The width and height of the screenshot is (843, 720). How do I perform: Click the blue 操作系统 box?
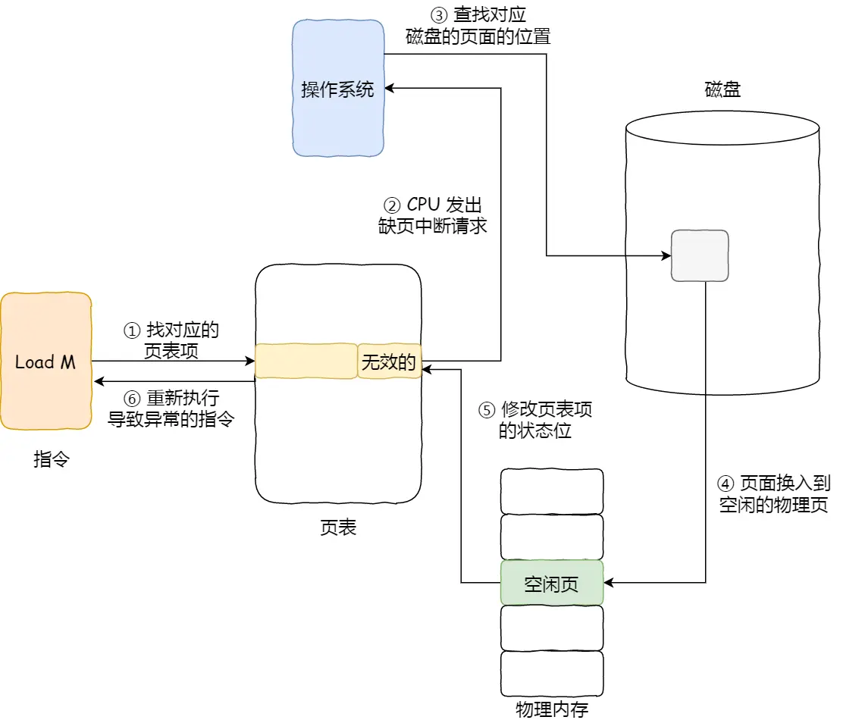[x=338, y=89]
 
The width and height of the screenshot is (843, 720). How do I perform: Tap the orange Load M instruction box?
[x=45, y=362]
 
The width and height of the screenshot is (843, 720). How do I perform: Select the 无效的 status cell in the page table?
[x=389, y=362]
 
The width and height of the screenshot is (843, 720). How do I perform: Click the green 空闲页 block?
[x=552, y=583]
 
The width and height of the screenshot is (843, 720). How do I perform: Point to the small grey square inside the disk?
[x=700, y=256]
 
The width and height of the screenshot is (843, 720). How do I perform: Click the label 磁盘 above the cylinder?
[x=722, y=90]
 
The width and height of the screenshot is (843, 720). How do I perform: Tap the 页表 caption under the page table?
[x=338, y=527]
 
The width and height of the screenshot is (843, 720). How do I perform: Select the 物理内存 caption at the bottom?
[x=552, y=709]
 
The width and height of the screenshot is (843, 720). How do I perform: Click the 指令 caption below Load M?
[x=52, y=459]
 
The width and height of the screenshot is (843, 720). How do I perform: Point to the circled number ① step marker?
[x=132, y=330]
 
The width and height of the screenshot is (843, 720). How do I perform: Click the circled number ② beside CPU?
[x=392, y=205]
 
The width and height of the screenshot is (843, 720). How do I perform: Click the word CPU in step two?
[x=424, y=205]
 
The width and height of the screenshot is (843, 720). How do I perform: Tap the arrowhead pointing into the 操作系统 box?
[x=390, y=89]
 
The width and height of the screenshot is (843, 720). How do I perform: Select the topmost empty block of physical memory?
[x=552, y=491]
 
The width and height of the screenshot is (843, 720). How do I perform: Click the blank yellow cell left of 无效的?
[x=306, y=362]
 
